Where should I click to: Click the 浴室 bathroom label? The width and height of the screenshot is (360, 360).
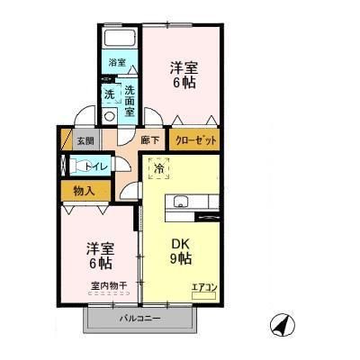coord(117,63)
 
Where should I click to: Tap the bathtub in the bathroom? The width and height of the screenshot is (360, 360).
coord(118,40)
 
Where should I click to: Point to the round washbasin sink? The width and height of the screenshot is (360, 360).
coord(110,115)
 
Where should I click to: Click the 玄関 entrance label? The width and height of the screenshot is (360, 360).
coord(84,140)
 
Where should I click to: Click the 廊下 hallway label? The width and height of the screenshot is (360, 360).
coord(149,140)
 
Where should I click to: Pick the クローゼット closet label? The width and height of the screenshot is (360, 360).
coord(193,140)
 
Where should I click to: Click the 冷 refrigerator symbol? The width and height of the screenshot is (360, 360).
coord(159,168)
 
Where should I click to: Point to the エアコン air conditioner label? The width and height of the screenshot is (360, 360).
coord(204,288)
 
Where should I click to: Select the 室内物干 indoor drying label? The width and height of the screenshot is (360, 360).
coord(108,287)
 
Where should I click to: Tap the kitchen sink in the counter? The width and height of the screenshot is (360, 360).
coord(179,200)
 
